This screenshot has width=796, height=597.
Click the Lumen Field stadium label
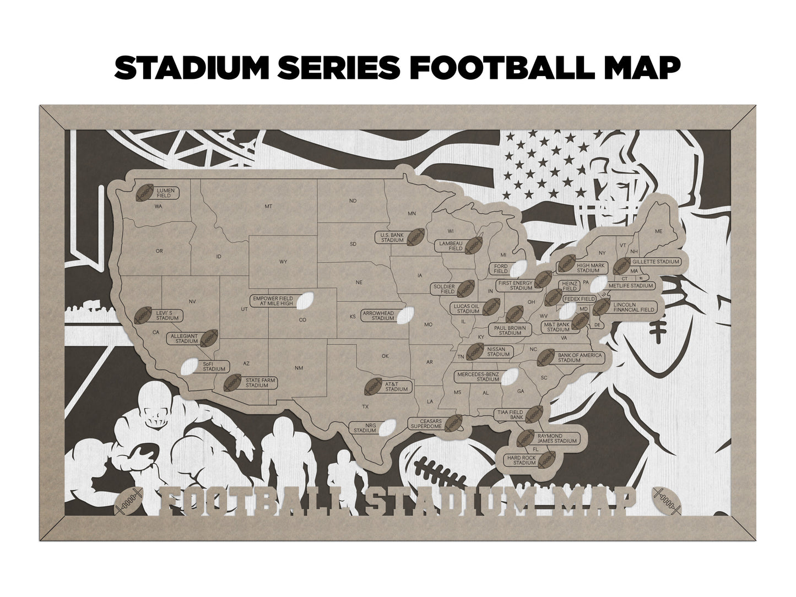(165, 193)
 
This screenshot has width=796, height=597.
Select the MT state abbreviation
(269, 206)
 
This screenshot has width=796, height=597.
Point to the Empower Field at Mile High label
(273, 301)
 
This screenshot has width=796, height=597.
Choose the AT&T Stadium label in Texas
(396, 386)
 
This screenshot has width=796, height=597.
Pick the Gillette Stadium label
(654, 262)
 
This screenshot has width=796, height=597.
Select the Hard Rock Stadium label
(521, 460)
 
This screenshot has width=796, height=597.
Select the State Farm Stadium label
(261, 383)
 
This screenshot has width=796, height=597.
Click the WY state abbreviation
(283, 262)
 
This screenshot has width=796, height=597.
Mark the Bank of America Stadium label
(576, 358)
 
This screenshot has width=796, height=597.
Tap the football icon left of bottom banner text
(131, 500)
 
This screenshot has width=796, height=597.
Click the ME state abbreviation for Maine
(658, 231)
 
